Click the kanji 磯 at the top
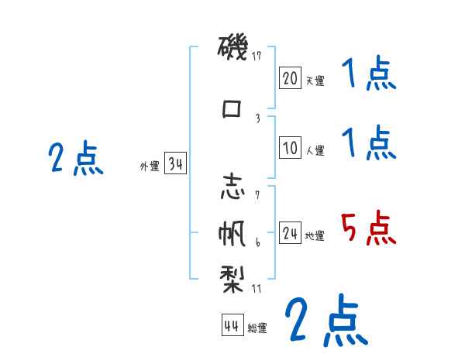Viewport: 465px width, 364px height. click(x=232, y=50)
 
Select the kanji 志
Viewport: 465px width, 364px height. click(x=232, y=188)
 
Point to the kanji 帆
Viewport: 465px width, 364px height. click(x=232, y=232)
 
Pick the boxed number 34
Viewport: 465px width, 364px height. click(x=175, y=164)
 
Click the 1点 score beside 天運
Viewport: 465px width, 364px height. click(x=369, y=76)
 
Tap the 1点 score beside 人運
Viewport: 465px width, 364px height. click(x=369, y=144)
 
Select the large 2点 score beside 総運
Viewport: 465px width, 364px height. click(x=325, y=320)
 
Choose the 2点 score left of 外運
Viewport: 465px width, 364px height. click(x=75, y=159)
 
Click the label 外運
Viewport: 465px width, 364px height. click(x=150, y=166)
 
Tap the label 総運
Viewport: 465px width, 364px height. click(x=257, y=328)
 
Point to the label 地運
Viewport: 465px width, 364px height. click(x=315, y=236)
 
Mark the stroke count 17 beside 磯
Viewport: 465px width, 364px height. click(x=258, y=56)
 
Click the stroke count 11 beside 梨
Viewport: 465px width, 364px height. click(x=258, y=288)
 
